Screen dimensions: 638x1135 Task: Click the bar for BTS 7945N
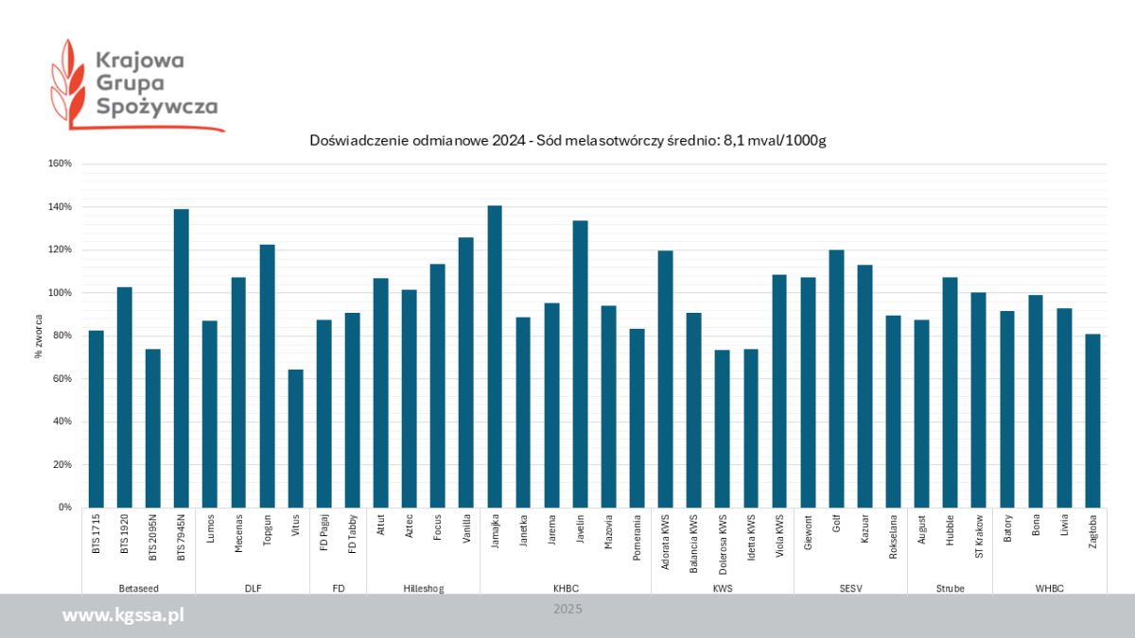(x=182, y=358)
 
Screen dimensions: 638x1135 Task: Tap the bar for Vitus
(x=295, y=439)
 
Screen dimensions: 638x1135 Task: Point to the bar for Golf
(x=836, y=378)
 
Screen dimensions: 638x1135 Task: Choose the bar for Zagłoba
(x=1092, y=421)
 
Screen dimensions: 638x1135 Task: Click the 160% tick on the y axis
(x=60, y=164)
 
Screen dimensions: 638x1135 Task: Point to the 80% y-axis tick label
(x=61, y=336)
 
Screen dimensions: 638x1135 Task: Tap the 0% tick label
(x=64, y=508)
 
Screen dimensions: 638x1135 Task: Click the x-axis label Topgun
(x=268, y=536)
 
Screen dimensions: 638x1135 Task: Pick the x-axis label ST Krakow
(x=979, y=536)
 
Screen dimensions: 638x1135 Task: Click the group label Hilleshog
(x=423, y=588)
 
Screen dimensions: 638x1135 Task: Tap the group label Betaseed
(x=138, y=588)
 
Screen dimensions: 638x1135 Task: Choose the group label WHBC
(x=1049, y=588)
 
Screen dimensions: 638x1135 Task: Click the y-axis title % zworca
(x=39, y=336)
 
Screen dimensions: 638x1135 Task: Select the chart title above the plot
(x=568, y=141)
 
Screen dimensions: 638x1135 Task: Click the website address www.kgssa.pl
(x=123, y=616)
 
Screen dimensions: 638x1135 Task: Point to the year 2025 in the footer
(x=567, y=610)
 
